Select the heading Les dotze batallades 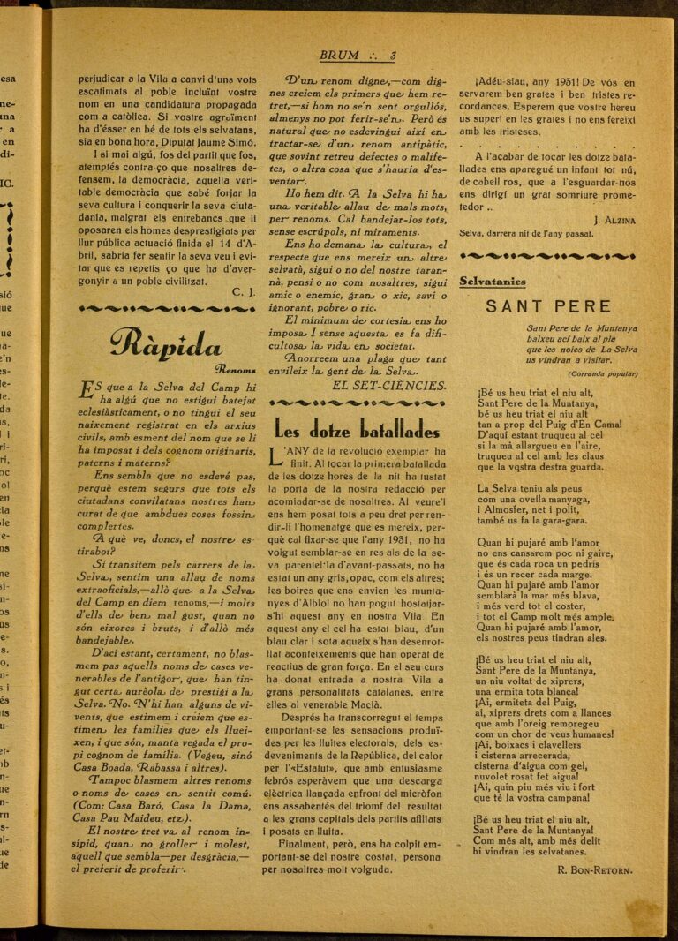(357, 430)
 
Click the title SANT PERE (547, 307)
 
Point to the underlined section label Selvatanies (492, 282)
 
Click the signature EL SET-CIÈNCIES (388, 386)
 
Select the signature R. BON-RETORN (595, 869)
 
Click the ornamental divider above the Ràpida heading (167, 309)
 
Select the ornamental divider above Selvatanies (546, 256)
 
